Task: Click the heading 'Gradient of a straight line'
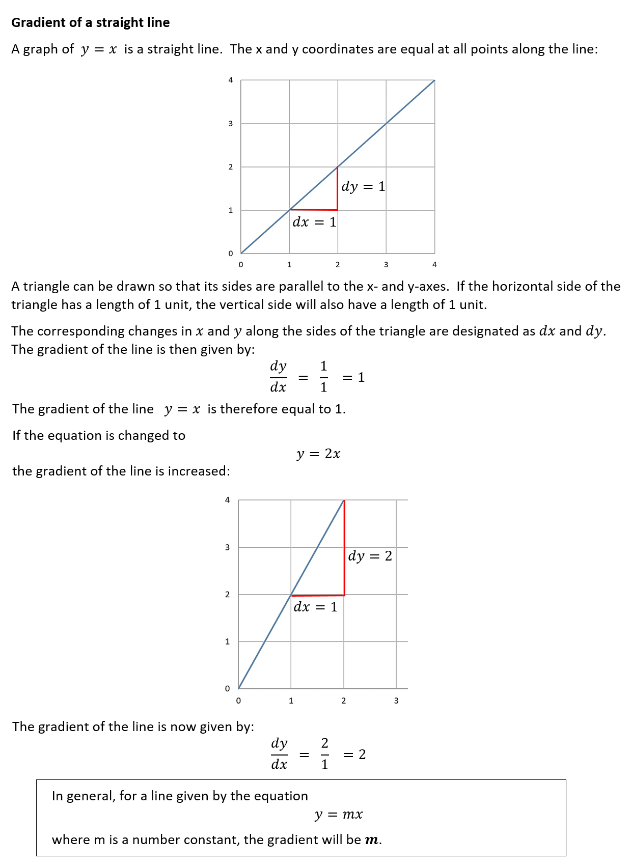91,22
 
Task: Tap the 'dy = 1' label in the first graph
363,186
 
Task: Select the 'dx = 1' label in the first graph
314,222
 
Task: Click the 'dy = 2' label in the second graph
370,556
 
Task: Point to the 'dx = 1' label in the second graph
315,607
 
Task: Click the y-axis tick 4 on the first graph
230,80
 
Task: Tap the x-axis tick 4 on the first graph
434,264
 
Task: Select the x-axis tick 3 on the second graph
396,701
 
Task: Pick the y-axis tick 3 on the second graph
227,547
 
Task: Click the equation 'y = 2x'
318,454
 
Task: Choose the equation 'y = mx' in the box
339,815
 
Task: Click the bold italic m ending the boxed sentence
372,840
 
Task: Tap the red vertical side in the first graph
337,188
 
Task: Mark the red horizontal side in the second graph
317,595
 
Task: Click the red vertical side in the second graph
345,547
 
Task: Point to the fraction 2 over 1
324,754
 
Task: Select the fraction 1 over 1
323,377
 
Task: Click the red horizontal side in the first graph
314,209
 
